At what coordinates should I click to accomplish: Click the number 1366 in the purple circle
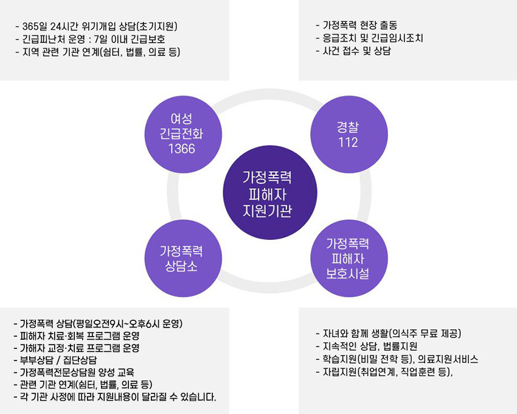[182, 149]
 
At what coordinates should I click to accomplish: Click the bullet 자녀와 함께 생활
[389, 334]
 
